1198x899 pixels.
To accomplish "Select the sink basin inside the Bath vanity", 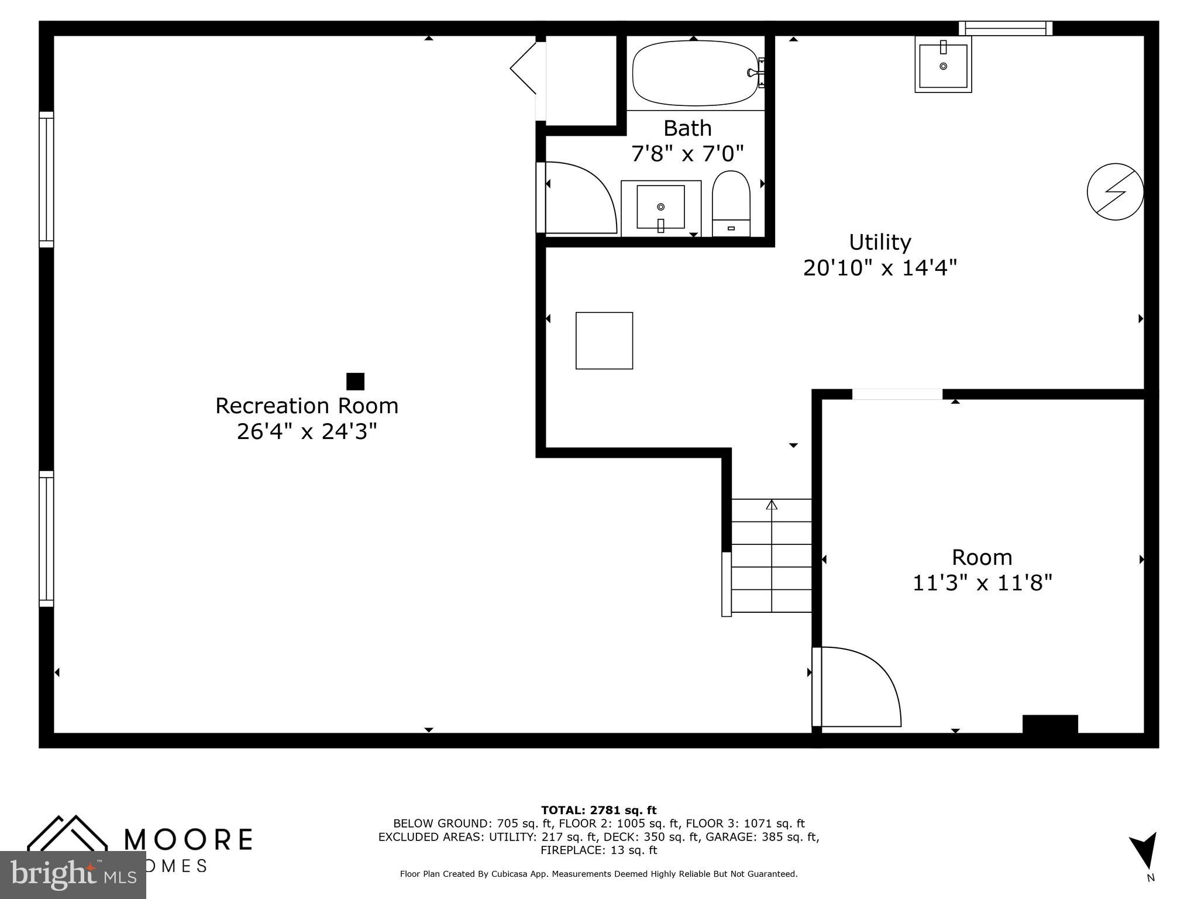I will point(660,207).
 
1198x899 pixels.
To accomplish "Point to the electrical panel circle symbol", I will point(1115,191).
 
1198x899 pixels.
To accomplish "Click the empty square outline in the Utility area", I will point(604,341).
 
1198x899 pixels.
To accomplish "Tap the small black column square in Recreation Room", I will point(355,382).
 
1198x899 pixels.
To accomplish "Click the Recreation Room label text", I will point(307,406).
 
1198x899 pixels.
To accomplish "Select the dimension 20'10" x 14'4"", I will point(880,268).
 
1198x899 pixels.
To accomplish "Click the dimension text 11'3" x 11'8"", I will point(982,583).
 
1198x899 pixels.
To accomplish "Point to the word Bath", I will point(687,128).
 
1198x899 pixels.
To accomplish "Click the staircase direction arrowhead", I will point(772,505).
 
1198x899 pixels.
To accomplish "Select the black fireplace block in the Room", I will point(1049,723).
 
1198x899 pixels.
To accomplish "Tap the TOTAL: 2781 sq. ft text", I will point(598,810).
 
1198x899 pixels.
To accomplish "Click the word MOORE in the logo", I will point(188,839).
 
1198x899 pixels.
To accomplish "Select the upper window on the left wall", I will point(46,180).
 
